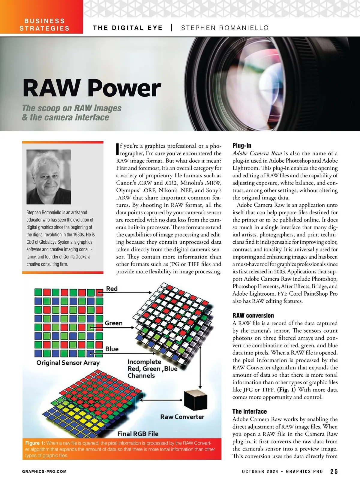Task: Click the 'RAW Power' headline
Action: tap(92, 88)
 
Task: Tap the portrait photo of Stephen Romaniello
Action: tap(49, 177)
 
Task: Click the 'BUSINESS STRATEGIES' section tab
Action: tap(44, 25)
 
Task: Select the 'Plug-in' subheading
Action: tap(242, 146)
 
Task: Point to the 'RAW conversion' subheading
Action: tap(253, 315)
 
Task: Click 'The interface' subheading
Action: tap(250, 411)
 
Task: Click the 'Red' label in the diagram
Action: tap(112, 289)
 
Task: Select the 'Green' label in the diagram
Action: tap(114, 323)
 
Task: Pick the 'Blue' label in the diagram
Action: tap(112, 349)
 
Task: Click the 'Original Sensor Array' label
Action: tap(68, 363)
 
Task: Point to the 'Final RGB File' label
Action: tap(138, 434)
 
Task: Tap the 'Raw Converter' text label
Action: tap(182, 417)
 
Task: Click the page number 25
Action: tap(334, 471)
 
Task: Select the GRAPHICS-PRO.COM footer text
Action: tap(44, 471)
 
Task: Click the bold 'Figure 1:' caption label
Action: tap(35, 443)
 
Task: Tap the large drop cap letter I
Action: tap(118, 149)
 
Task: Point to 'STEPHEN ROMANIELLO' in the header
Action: tap(225, 28)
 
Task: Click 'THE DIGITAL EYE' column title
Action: tap(127, 28)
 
